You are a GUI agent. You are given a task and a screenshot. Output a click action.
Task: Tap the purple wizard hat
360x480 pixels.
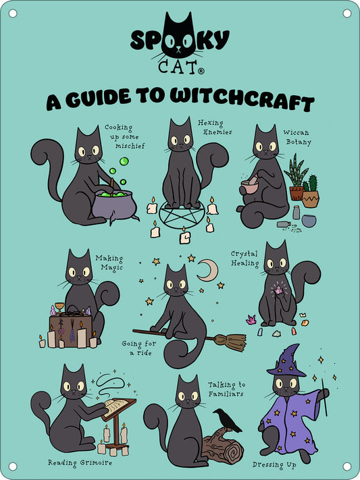(x=288, y=361)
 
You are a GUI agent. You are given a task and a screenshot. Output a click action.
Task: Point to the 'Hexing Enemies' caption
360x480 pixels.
(x=214, y=127)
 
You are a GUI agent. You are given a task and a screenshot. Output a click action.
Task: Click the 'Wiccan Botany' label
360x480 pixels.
(x=297, y=137)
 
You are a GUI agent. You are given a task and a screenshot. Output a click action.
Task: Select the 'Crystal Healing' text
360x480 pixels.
(x=245, y=259)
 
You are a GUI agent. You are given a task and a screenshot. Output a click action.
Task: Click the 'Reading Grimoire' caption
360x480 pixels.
(x=80, y=462)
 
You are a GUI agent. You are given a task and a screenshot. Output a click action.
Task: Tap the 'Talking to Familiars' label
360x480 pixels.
(x=226, y=390)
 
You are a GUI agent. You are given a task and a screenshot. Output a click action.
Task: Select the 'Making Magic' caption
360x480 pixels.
(x=109, y=262)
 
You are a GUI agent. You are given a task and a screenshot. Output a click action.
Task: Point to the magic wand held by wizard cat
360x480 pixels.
(x=324, y=398)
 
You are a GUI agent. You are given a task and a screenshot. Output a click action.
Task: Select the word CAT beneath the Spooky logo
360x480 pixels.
(x=178, y=67)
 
